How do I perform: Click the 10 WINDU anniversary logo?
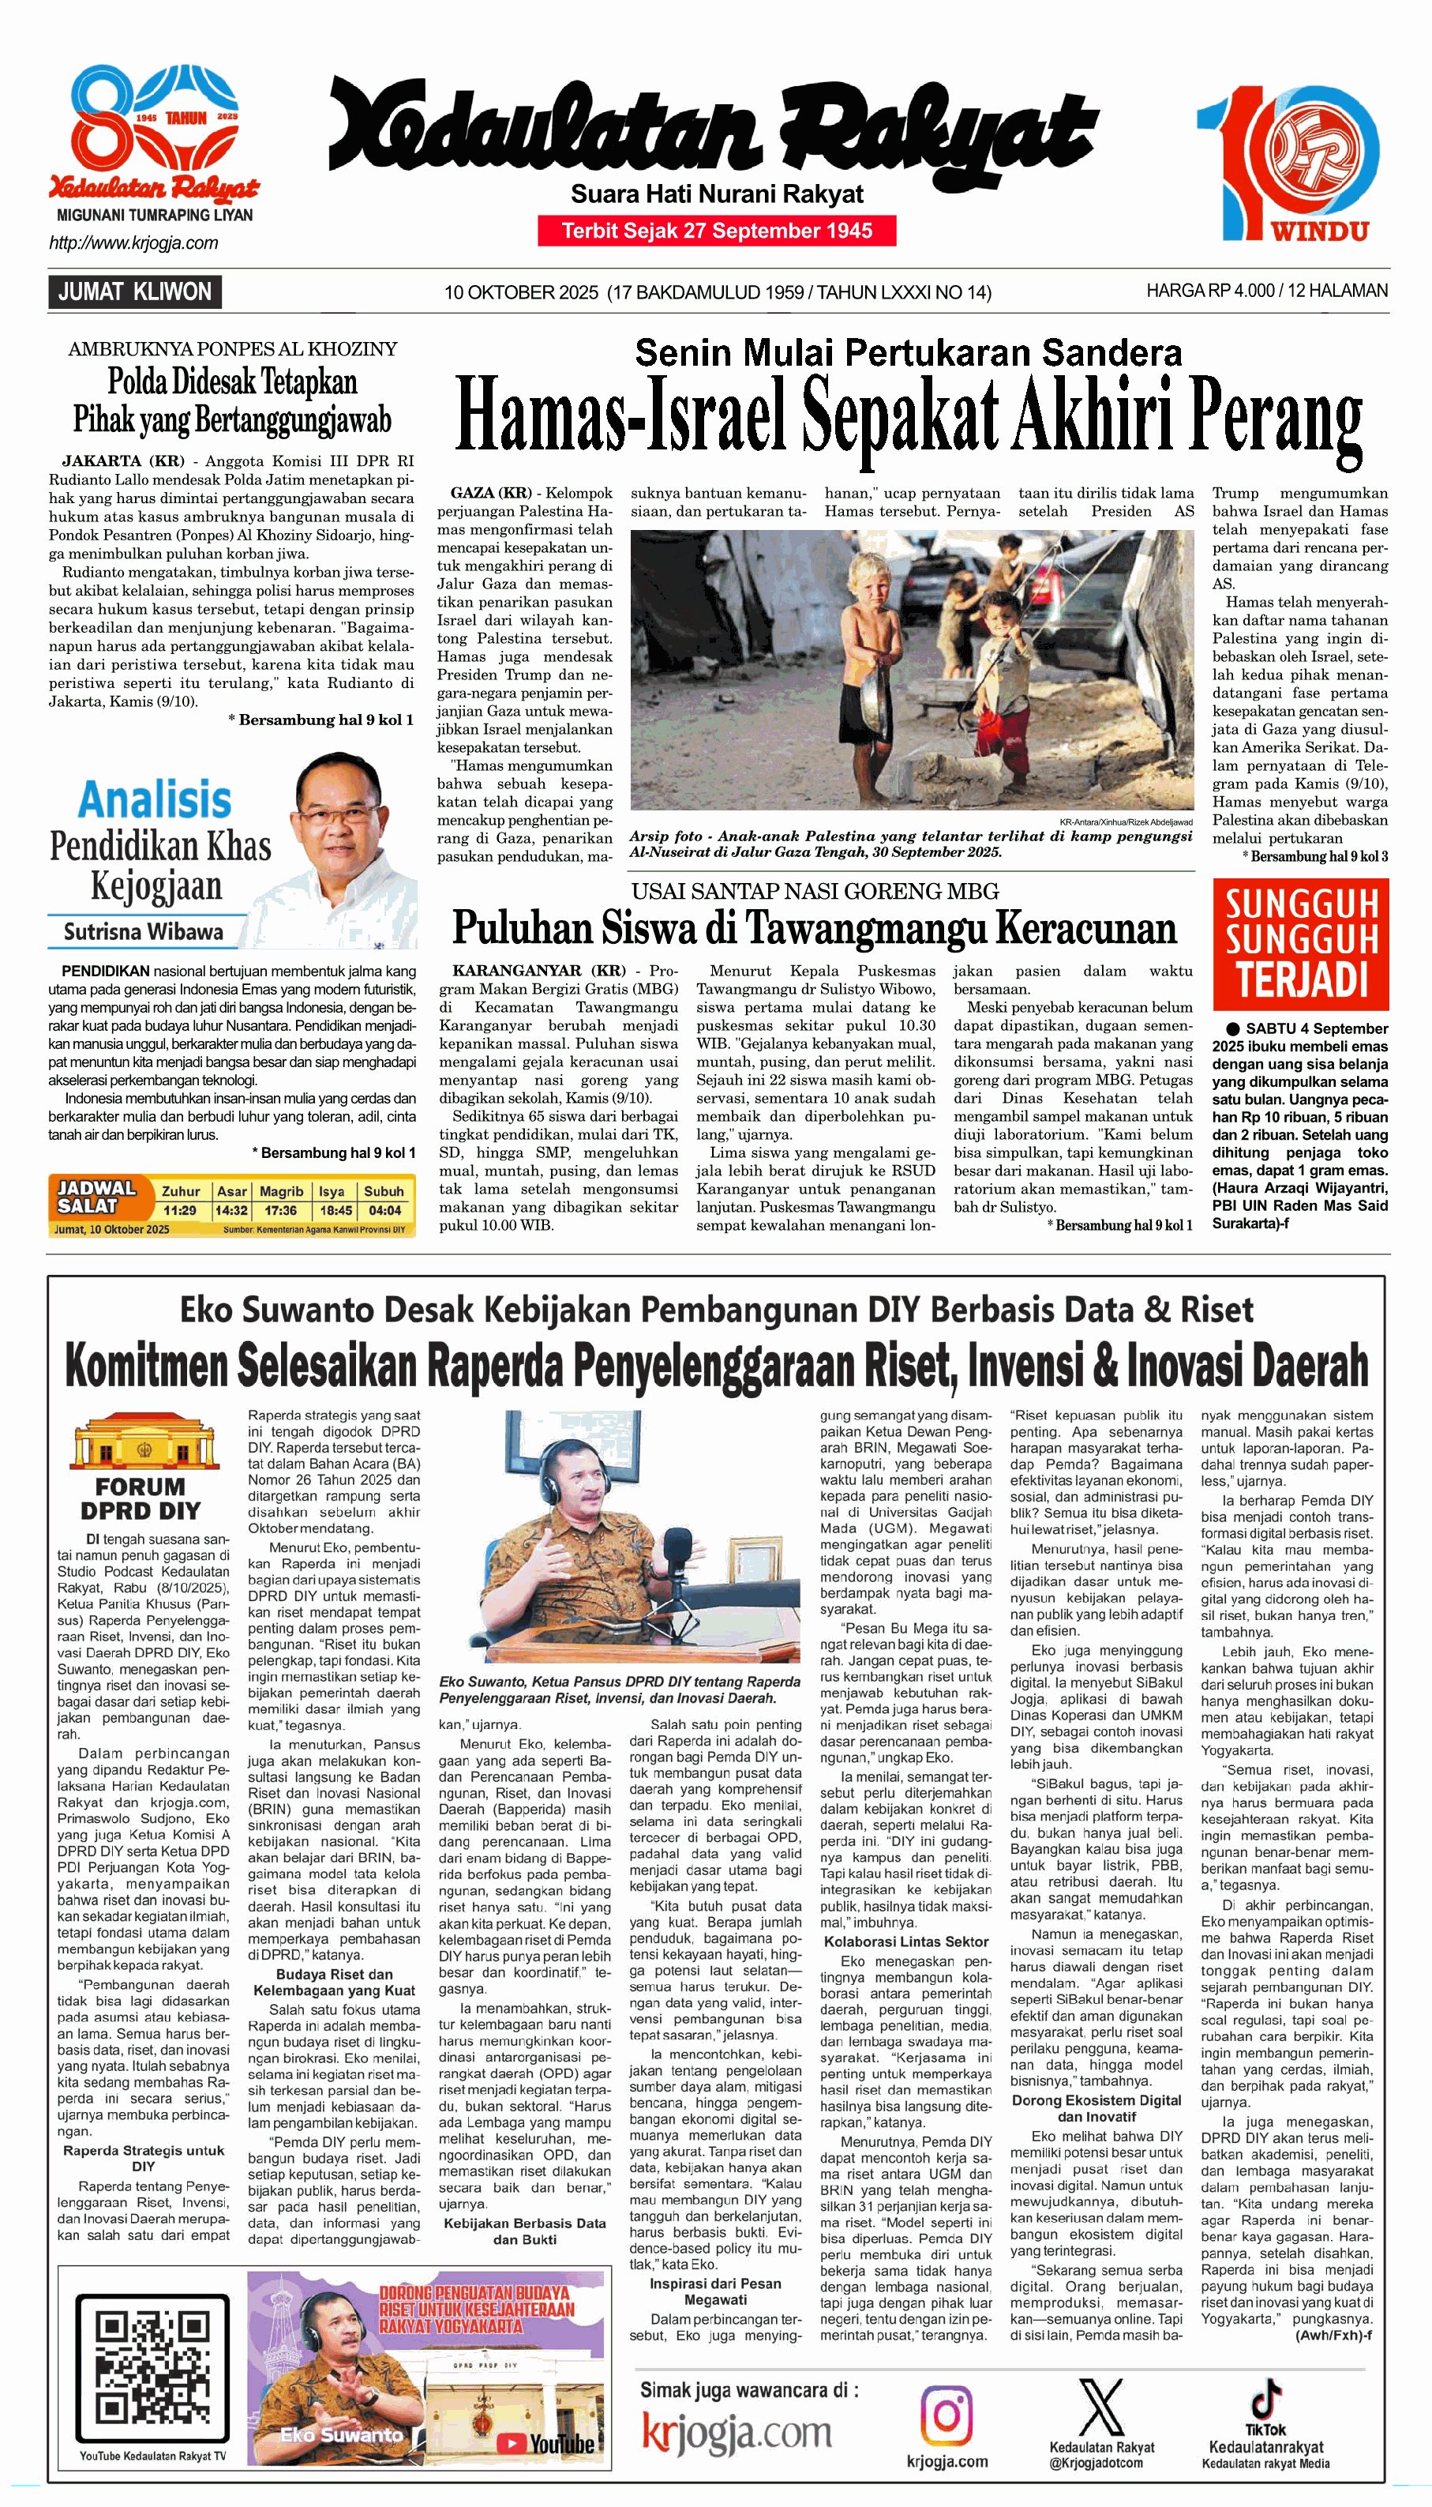pyautogui.click(x=1288, y=163)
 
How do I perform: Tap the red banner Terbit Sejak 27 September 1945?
pyautogui.click(x=717, y=231)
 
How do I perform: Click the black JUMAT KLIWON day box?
pyautogui.click(x=135, y=292)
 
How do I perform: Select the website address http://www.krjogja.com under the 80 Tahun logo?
pyautogui.click(x=133, y=243)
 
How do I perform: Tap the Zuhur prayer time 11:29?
pyautogui.click(x=180, y=1210)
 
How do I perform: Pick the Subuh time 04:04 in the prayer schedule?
pyautogui.click(x=384, y=1210)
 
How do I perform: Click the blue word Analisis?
pyautogui.click(x=156, y=800)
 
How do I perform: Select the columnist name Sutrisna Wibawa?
pyautogui.click(x=144, y=932)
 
